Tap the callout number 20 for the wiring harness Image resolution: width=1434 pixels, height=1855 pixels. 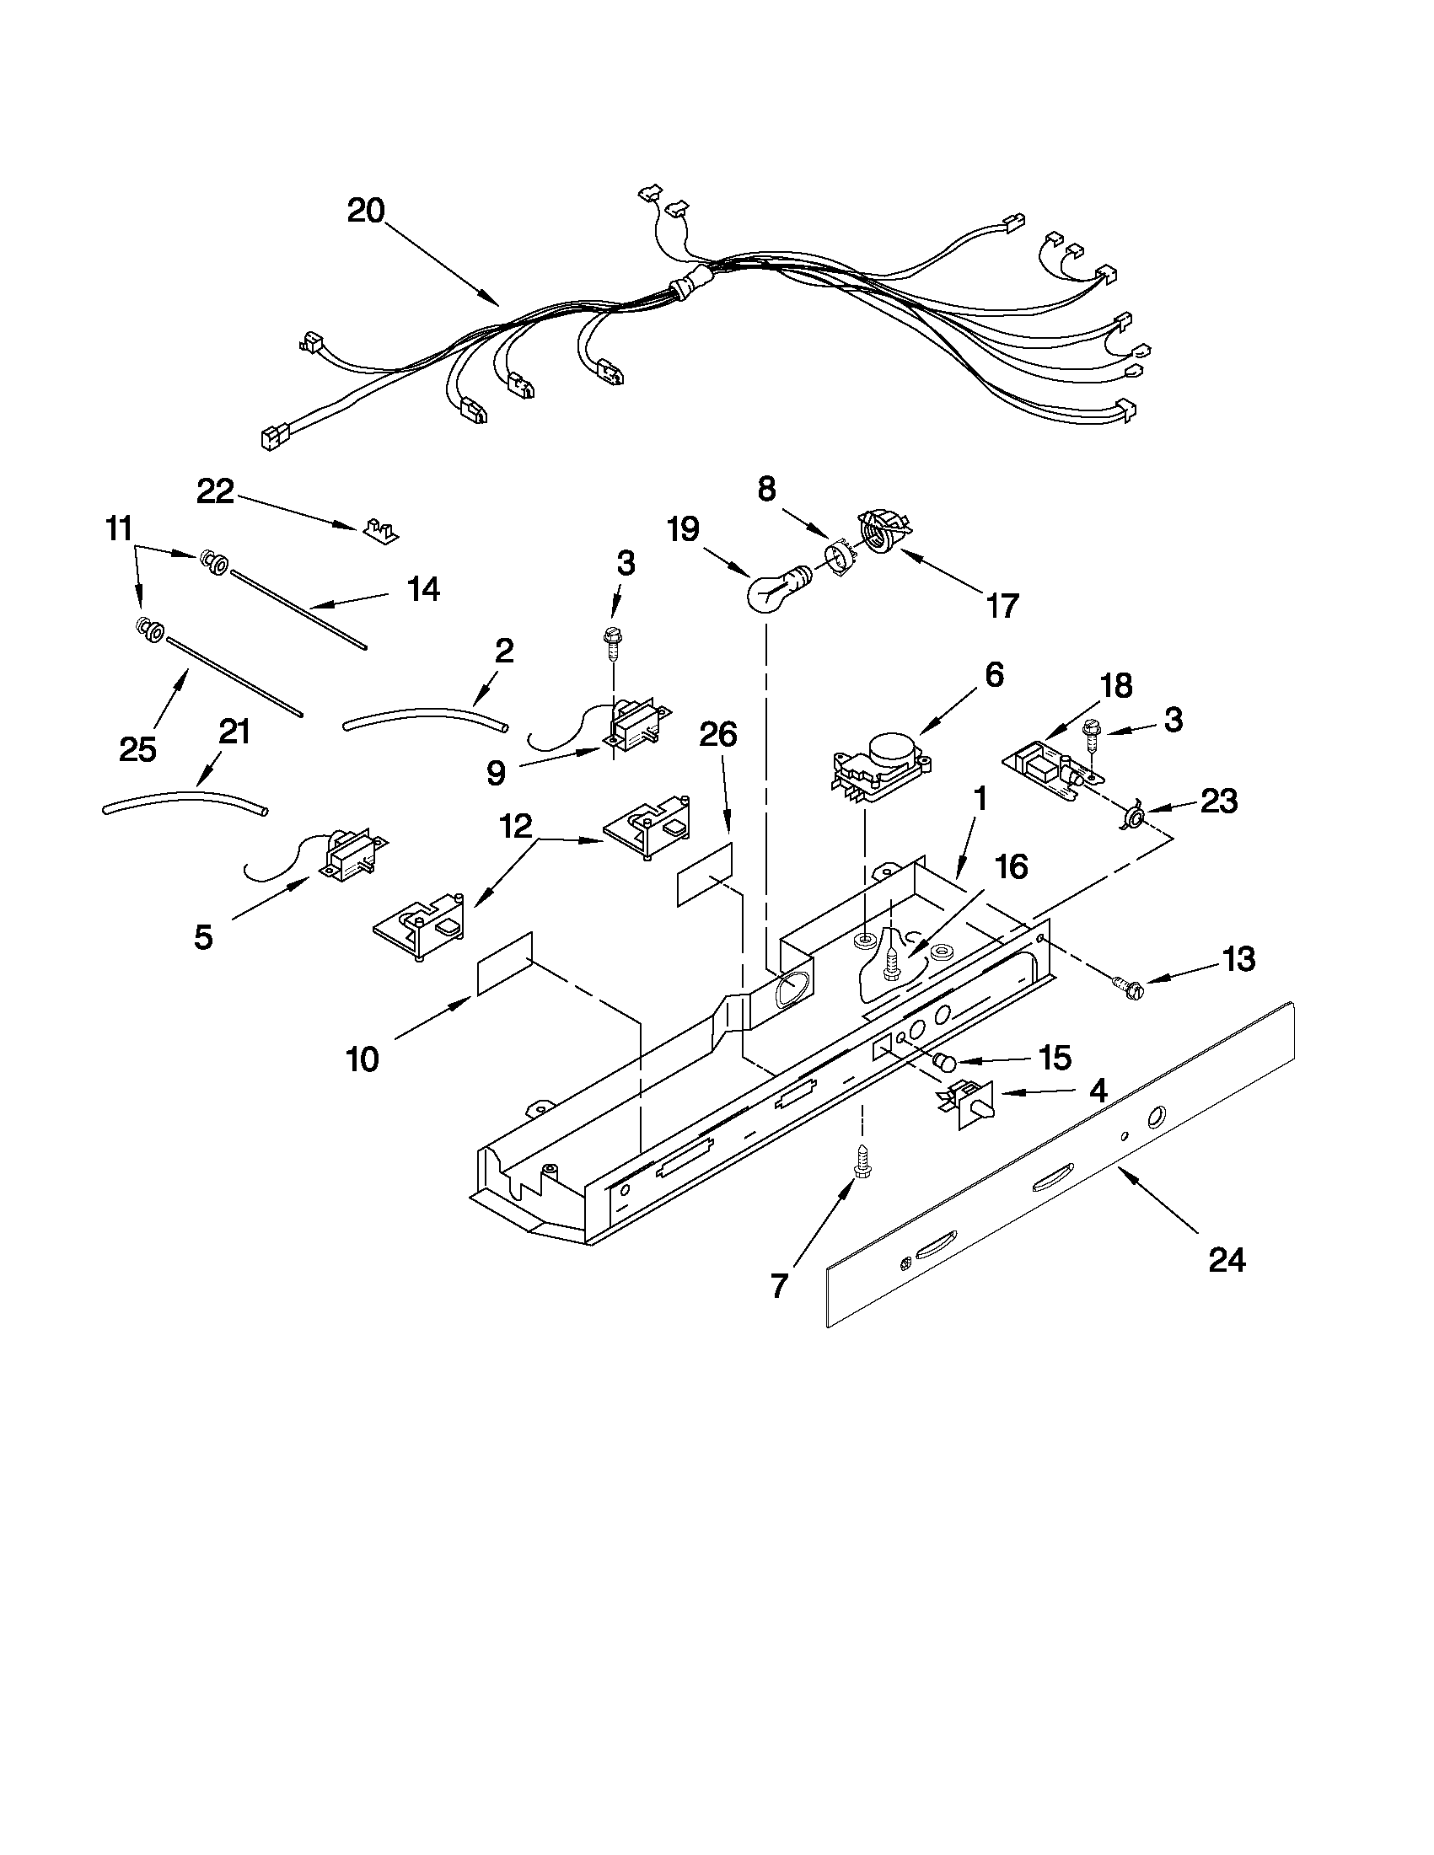(x=366, y=211)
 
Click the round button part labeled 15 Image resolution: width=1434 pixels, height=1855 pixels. (x=945, y=1062)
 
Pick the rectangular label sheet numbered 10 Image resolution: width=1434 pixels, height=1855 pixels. (x=505, y=963)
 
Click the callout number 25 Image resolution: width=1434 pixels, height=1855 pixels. (x=137, y=748)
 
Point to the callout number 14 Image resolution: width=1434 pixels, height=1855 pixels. (x=424, y=588)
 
